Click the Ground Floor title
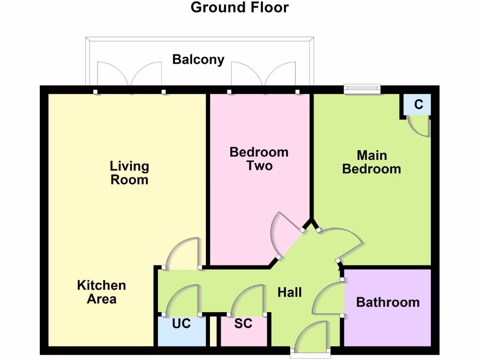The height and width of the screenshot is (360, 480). pos(240,7)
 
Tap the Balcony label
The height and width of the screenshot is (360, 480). pos(198,60)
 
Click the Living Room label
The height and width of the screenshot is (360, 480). pos(129,172)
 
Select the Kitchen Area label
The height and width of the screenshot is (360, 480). pos(101,292)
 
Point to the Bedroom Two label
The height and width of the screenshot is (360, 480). pos(259,158)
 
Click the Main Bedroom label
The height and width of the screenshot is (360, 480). pos(371,162)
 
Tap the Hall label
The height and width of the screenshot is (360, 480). pos(289,292)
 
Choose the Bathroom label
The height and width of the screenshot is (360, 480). pos(388,302)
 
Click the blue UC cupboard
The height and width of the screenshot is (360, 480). pos(181,331)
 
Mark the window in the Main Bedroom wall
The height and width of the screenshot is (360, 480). pos(362,88)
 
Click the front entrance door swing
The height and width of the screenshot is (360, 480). pos(313,337)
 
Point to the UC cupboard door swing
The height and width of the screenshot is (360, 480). pos(183,300)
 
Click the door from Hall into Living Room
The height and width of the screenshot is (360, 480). pos(184,253)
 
